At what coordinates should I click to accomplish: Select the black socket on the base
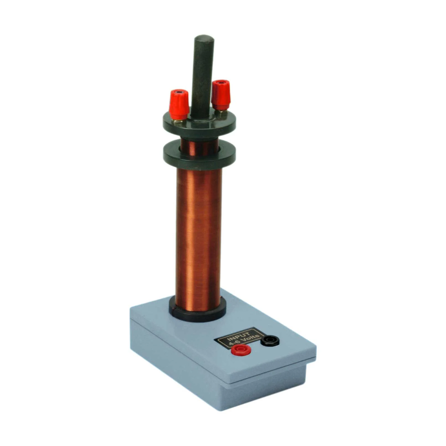coord(270,340)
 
